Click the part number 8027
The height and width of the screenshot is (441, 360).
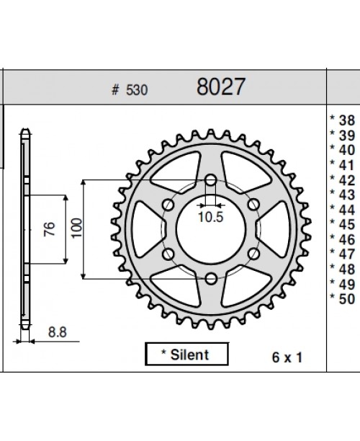point(221,87)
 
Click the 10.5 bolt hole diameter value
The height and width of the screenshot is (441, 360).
point(210,215)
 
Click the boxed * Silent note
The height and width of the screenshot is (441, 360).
point(187,354)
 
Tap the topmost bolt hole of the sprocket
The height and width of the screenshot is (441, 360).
point(210,180)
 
